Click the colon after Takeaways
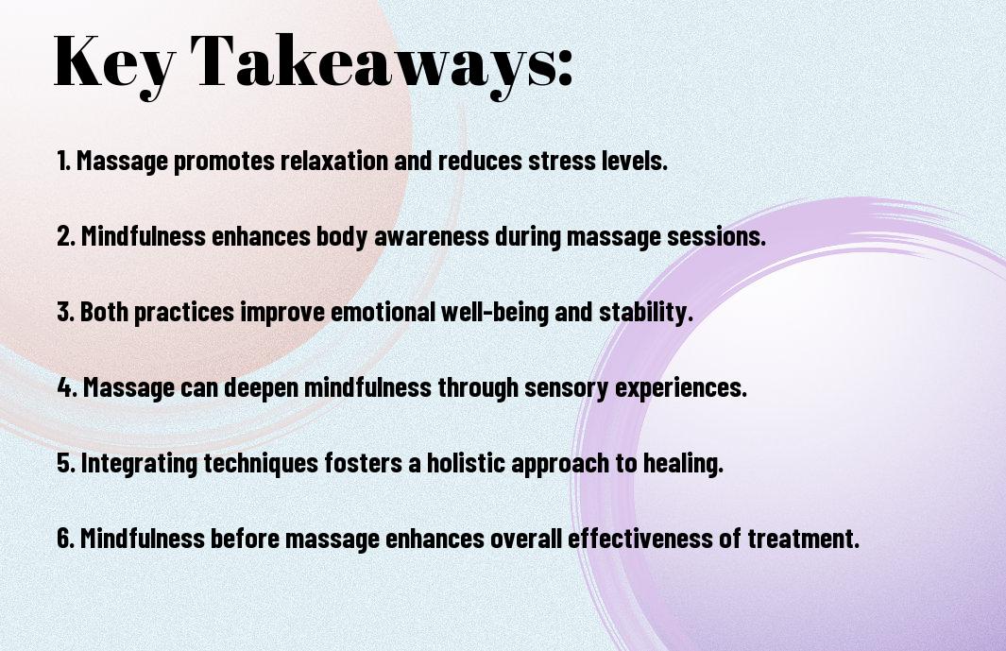click(564, 68)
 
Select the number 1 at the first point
click(62, 161)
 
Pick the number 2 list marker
click(64, 236)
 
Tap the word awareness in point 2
click(431, 236)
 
